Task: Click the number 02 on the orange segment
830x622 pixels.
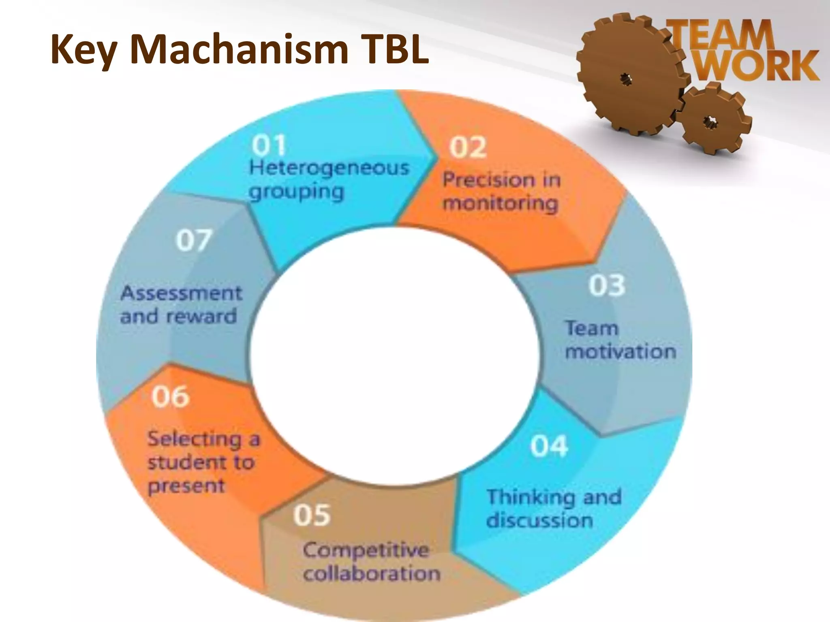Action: [468, 147]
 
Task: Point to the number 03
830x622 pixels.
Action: [607, 285]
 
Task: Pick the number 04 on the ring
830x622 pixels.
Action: [549, 446]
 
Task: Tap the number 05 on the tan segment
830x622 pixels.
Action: [312, 515]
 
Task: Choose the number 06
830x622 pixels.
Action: [171, 396]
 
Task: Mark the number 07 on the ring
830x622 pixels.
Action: [194, 240]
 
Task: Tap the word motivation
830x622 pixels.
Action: [620, 351]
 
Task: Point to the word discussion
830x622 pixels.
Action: [539, 520]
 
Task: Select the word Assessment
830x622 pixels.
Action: [181, 293]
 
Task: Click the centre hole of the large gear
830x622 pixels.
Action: [627, 79]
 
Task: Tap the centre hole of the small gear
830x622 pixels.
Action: [710, 121]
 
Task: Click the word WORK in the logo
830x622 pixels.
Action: [757, 66]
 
